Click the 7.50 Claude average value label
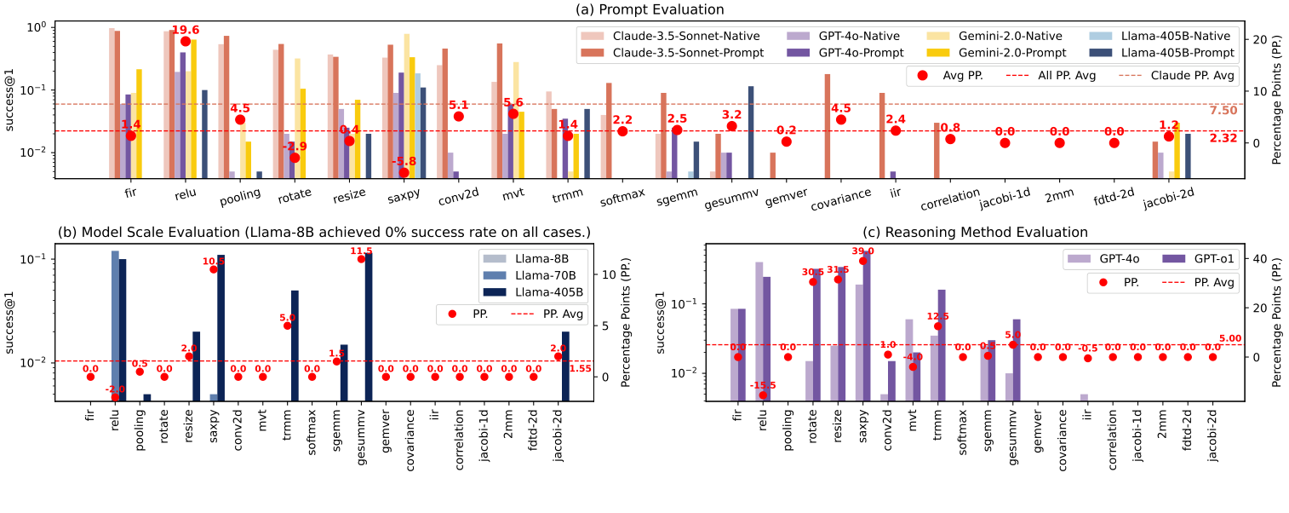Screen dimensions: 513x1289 coord(1223,111)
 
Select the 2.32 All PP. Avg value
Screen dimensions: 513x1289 coord(1223,137)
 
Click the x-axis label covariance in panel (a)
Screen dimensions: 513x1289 coord(841,194)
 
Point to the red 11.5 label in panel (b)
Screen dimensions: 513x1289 coord(362,251)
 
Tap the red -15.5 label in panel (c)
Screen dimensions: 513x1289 coord(762,386)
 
